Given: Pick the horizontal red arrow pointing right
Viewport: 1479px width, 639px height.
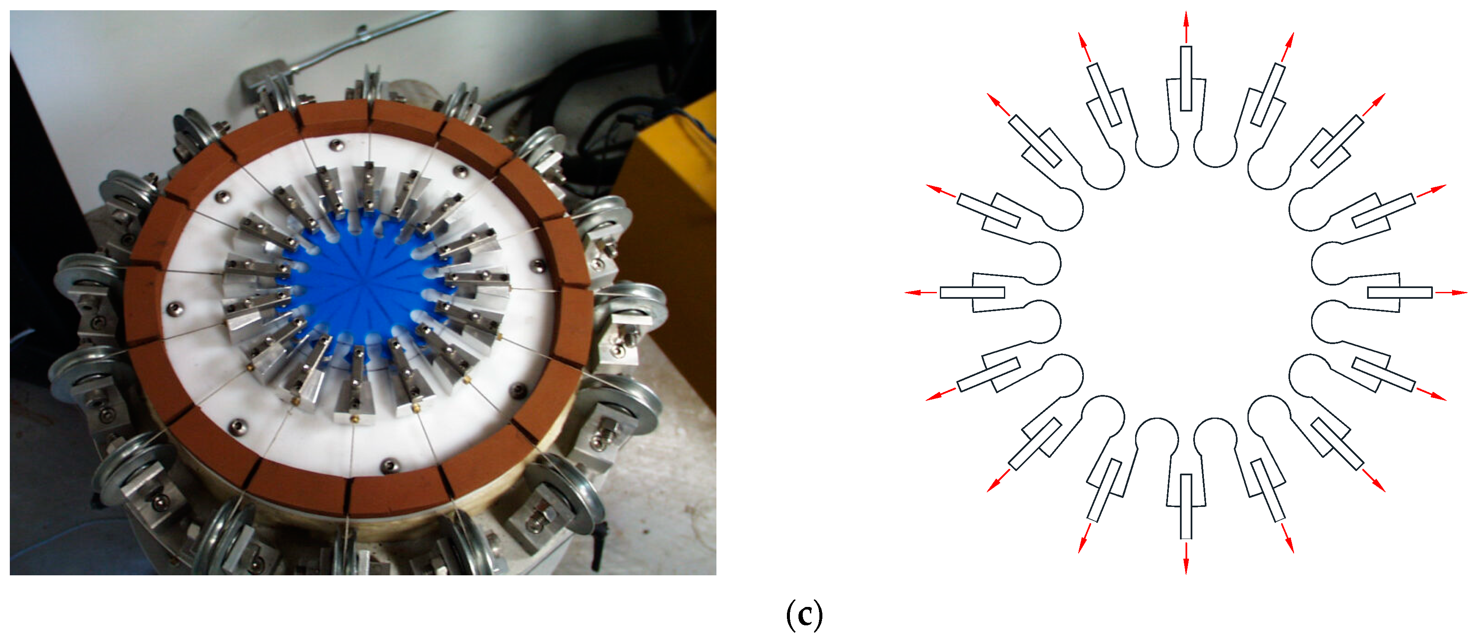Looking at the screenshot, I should [1451, 292].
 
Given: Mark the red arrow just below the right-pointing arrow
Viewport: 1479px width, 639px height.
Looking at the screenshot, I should [1431, 394].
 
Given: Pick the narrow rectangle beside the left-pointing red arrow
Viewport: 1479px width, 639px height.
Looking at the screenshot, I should [972, 292].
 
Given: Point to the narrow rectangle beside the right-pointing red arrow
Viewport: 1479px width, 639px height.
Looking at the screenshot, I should [1400, 292].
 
